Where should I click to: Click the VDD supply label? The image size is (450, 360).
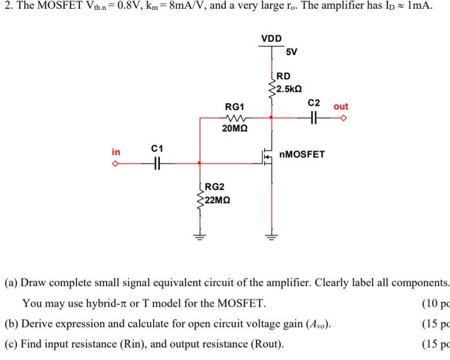pyautogui.click(x=271, y=39)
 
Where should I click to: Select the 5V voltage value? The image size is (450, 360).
pyautogui.click(x=291, y=52)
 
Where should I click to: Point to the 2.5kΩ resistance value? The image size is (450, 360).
pyautogui.click(x=289, y=89)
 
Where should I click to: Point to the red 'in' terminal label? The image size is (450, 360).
pyautogui.click(x=116, y=152)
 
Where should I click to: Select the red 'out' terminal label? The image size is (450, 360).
pyautogui.click(x=341, y=106)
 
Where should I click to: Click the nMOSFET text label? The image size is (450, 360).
pyautogui.click(x=302, y=155)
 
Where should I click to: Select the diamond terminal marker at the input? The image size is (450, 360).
pyautogui.click(x=116, y=164)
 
